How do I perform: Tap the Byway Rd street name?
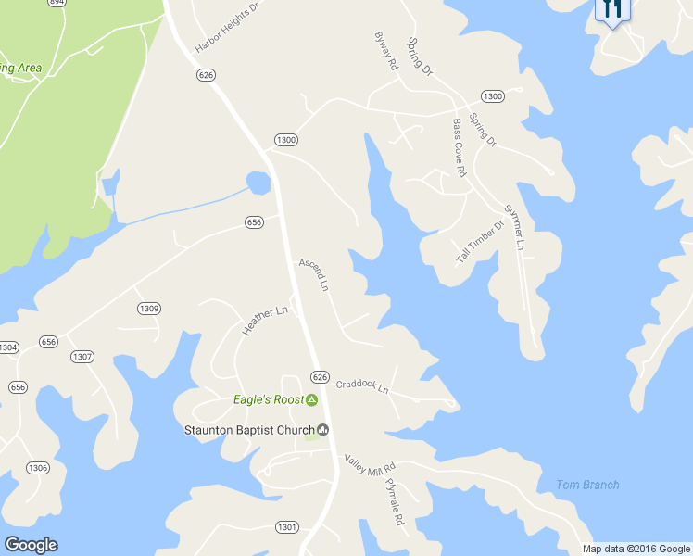point(385,52)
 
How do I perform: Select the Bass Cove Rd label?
point(459,147)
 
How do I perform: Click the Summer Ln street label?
point(513,228)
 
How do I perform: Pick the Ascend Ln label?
point(314,274)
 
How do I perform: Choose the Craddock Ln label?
point(362,385)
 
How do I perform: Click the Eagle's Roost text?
point(268,400)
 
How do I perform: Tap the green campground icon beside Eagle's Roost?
point(312,400)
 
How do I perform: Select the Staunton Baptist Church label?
point(249,430)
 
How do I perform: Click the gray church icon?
point(323,430)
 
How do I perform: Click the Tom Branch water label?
point(587,485)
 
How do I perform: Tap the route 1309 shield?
point(149,309)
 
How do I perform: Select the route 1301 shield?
point(287,527)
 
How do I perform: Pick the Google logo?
point(31,544)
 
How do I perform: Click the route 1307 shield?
point(82,357)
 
